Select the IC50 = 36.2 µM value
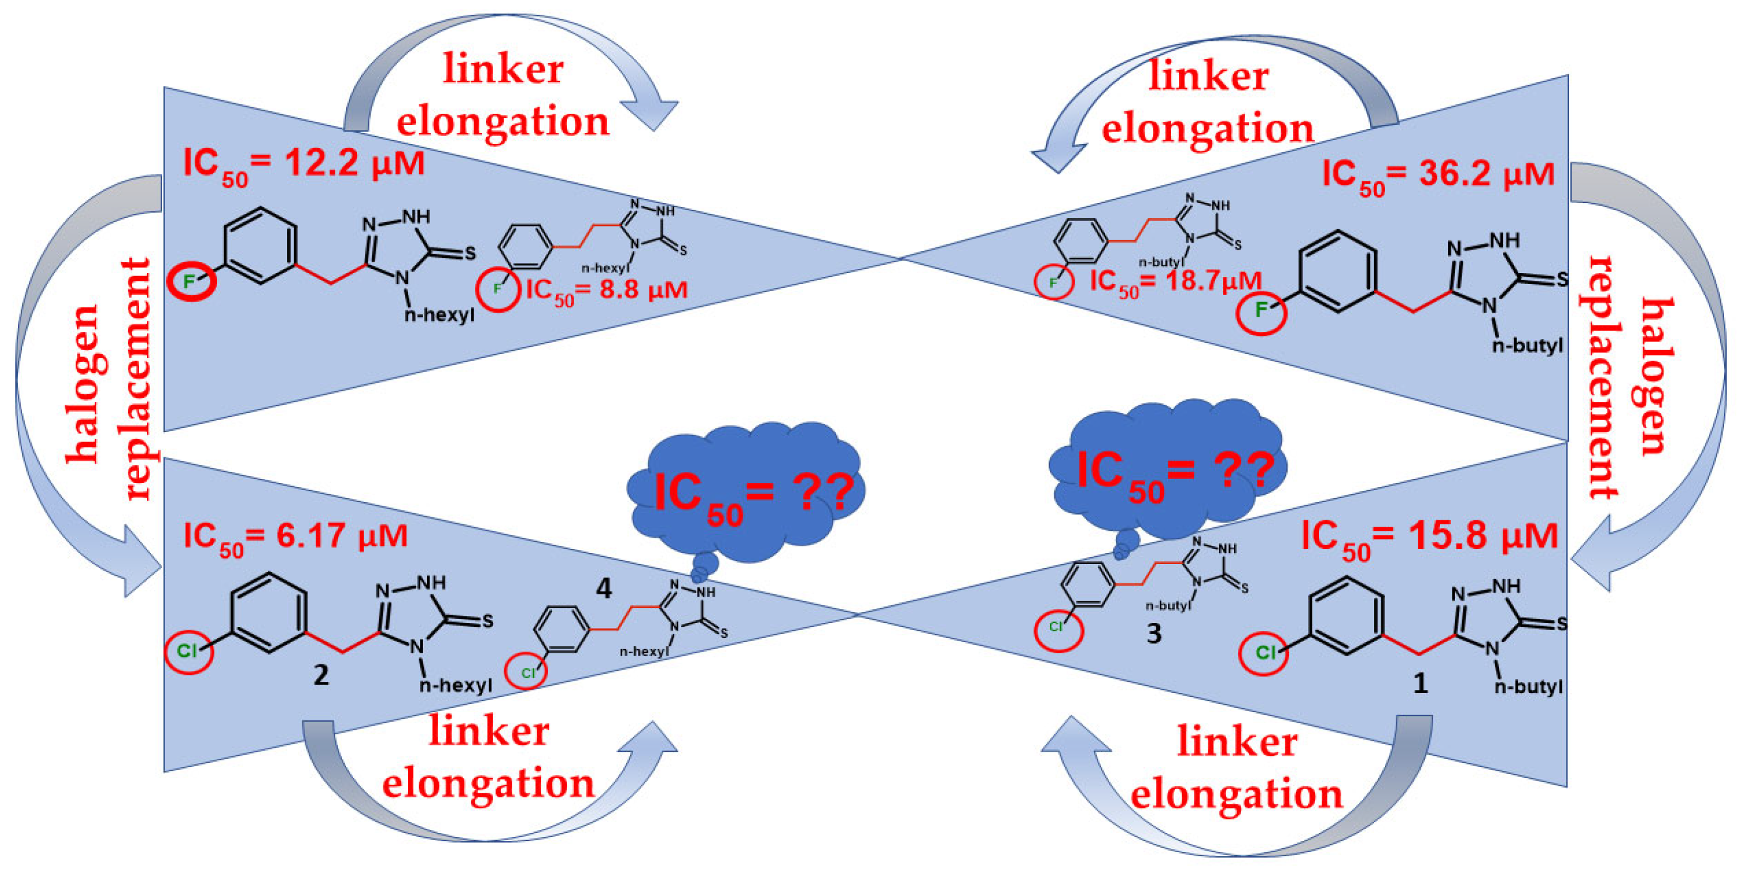click(1438, 175)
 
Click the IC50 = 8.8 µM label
click(606, 291)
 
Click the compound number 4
click(603, 589)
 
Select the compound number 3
click(1153, 633)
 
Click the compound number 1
click(1420, 684)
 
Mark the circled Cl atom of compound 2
click(188, 651)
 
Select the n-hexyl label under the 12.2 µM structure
click(439, 315)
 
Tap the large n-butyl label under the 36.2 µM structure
click(1527, 346)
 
